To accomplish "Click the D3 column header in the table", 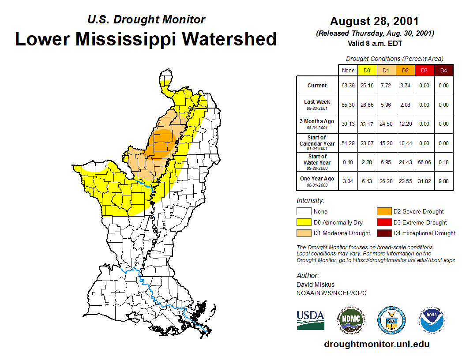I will pos(424,70).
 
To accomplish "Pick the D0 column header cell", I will pos(367,70).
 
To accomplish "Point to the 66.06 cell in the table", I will pos(424,162).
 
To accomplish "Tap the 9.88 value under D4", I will pos(443,181).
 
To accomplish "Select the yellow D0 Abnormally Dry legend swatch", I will pos(304,222).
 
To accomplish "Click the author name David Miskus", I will pos(315,285).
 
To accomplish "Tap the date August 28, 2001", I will pos(374,21).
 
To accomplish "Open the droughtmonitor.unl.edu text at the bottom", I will pos(376,344).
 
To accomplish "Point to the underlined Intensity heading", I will pos(310,200).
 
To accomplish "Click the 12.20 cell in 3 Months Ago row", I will pos(405,124).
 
